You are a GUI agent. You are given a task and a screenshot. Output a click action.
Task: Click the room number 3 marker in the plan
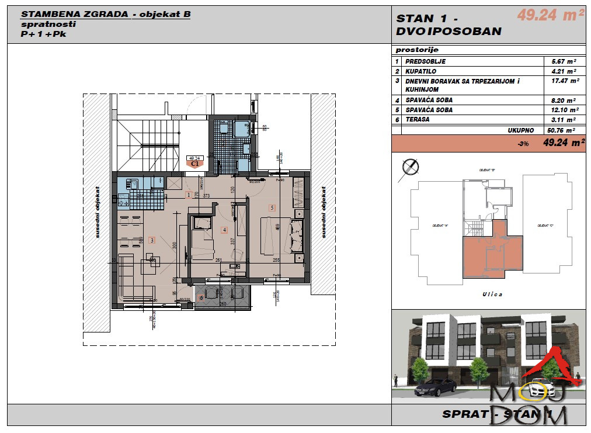point(152,240)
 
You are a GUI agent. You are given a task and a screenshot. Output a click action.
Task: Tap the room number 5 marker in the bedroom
point(272,207)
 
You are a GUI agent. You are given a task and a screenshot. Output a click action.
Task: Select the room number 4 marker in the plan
point(224,230)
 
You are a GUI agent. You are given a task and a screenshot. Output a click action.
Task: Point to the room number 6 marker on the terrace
point(201,297)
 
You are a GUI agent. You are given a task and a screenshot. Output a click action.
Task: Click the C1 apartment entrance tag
point(194,164)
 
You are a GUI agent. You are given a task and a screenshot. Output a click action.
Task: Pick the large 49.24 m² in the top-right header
point(550,16)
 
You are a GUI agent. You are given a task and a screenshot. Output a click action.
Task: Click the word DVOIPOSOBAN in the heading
point(449,32)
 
